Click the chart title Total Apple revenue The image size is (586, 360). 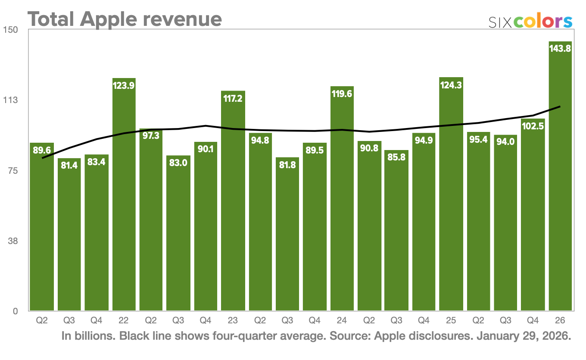[125, 19]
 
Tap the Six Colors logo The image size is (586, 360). [530, 22]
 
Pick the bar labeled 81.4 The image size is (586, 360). [69, 237]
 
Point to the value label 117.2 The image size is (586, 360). [233, 98]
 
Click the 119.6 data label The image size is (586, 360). [342, 94]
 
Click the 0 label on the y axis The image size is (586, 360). [15, 311]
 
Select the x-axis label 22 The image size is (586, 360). [124, 321]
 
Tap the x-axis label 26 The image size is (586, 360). [560, 321]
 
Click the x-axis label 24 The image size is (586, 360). [342, 321]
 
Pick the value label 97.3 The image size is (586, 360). [151, 136]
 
